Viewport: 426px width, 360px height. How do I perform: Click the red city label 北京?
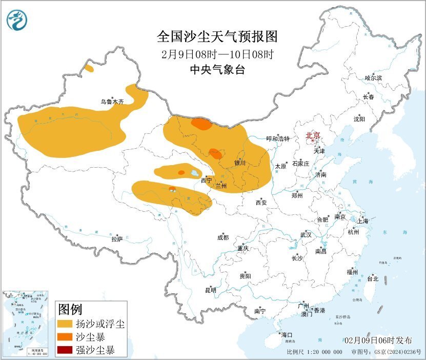pos(313,136)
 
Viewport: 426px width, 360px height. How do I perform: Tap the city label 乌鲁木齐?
pos(112,102)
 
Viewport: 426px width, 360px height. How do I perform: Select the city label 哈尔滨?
pos(373,78)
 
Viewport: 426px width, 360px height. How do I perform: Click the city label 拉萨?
pos(117,238)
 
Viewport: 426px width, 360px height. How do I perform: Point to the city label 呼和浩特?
pos(278,139)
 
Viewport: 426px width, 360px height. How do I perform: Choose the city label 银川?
pos(240,163)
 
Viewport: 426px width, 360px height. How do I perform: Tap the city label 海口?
pos(287,335)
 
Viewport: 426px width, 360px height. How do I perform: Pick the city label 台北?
pos(372,279)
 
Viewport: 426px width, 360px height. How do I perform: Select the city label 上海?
pos(363,221)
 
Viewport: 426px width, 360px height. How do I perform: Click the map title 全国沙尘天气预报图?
pos(217,37)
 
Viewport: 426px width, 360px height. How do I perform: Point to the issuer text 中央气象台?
pos(217,70)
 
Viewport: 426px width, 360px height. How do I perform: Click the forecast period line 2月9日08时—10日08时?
pos(217,54)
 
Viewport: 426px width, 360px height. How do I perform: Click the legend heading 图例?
pos(70,310)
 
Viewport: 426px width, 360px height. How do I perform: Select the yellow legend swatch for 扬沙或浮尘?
pos(65,324)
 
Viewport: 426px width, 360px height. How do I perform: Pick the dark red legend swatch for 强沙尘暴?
pos(65,351)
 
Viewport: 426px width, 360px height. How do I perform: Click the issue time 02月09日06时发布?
pos(378,341)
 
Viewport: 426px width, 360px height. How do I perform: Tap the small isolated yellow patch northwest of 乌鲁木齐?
pos(89,68)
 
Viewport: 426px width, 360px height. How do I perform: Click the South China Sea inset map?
pos(26,323)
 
